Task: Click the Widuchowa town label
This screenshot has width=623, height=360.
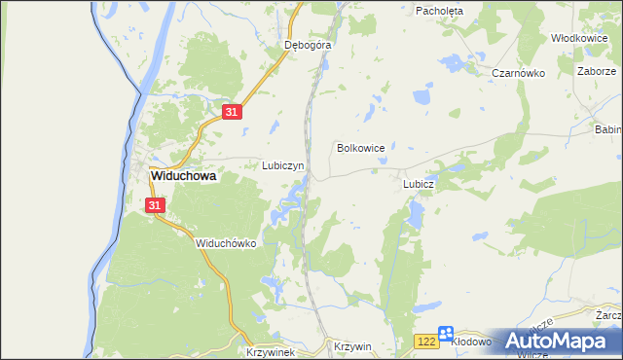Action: [182, 177]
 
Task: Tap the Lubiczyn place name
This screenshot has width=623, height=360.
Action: [283, 165]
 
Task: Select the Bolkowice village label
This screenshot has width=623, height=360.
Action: [360, 148]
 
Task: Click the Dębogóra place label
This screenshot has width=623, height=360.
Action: [309, 45]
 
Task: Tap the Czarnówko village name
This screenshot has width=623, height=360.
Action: [516, 73]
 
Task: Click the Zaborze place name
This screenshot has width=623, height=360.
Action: [596, 71]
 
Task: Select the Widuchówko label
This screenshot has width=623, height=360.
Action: [225, 243]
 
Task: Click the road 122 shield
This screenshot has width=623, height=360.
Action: [425, 341]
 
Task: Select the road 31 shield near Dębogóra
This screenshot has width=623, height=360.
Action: [230, 113]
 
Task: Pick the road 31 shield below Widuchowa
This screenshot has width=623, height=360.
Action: [156, 205]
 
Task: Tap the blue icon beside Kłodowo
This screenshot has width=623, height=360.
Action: [445, 333]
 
